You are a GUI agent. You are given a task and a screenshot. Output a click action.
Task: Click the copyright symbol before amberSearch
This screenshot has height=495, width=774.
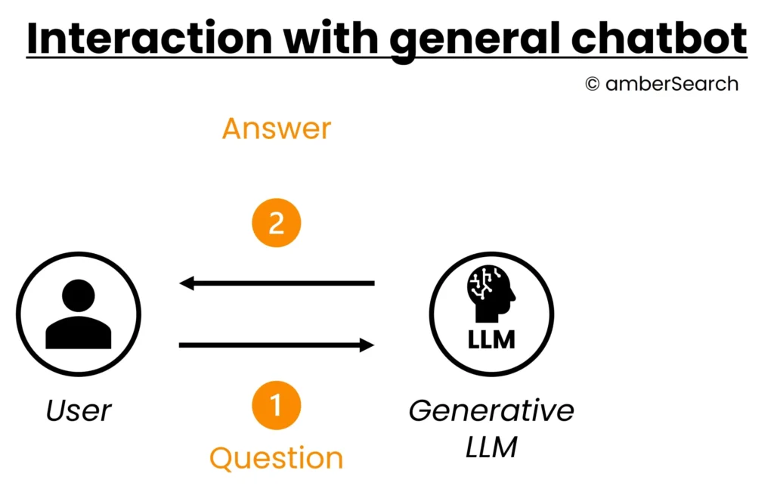point(593,85)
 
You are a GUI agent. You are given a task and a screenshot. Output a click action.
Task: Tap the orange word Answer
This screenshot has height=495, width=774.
point(276,128)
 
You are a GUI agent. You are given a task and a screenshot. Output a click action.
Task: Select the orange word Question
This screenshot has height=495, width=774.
point(276,458)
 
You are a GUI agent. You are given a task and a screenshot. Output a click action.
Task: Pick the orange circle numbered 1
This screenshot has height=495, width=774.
point(276,405)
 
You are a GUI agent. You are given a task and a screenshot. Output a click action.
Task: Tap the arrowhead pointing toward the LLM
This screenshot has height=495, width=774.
point(367,345)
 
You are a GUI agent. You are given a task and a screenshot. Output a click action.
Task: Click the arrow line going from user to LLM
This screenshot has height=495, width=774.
point(272,345)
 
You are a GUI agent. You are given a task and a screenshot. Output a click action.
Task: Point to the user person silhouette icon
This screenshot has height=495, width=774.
point(79,314)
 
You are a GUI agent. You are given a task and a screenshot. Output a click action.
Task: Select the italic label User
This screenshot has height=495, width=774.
point(79,410)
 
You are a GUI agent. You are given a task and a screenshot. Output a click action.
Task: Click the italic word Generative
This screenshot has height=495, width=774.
point(491,410)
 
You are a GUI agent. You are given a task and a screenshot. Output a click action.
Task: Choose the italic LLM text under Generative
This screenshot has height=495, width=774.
point(491,447)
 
